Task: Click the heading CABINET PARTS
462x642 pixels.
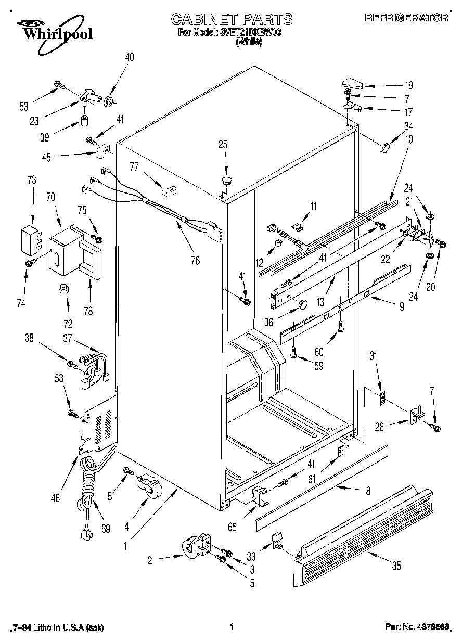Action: [232, 20]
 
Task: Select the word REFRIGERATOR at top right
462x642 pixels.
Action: [406, 18]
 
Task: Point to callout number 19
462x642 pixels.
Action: [409, 86]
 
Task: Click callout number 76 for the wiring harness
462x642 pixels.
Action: [195, 260]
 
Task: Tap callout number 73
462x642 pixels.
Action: [32, 180]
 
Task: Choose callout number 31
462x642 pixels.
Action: [373, 356]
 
